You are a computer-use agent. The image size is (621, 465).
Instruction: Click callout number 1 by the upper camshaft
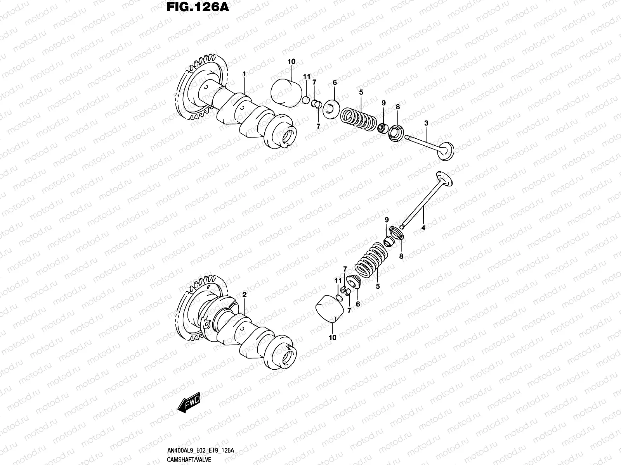245,74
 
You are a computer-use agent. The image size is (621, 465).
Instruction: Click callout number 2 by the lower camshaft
245,295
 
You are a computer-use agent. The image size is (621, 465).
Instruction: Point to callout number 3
426,123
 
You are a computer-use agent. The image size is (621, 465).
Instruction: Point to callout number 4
423,228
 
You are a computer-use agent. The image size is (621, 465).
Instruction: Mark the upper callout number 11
307,77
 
